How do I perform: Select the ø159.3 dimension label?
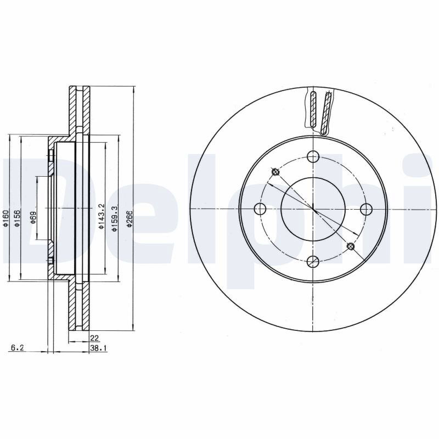tap(114, 218)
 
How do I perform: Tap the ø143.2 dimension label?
tap(102, 217)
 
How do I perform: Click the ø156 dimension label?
tap(17, 218)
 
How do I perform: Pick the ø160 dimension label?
tap(6, 218)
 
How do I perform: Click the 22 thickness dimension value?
tap(94, 338)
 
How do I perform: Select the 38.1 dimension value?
tap(98, 348)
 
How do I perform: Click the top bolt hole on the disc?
tap(313, 156)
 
